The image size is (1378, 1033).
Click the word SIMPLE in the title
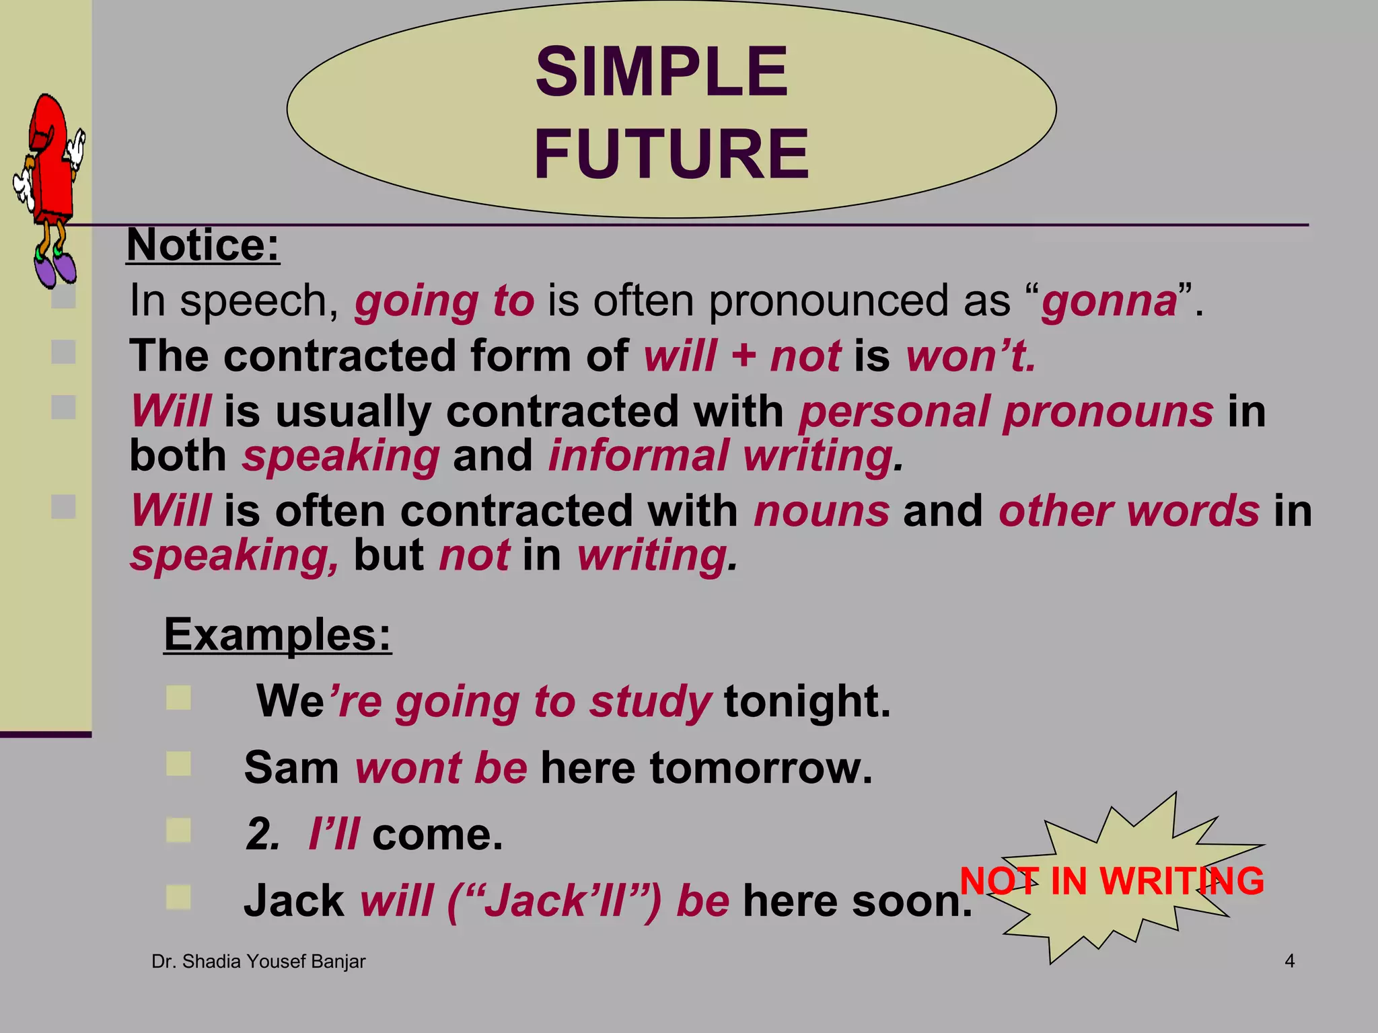(x=661, y=72)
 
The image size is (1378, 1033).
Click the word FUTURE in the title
(x=671, y=154)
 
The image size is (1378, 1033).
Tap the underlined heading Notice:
(x=203, y=245)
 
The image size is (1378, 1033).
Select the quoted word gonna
(x=1110, y=301)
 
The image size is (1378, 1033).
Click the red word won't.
(x=970, y=356)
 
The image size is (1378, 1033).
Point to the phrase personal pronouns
(x=1006, y=412)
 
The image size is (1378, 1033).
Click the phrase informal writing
(x=723, y=456)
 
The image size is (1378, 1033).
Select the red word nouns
(x=822, y=511)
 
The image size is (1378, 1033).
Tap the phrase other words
(x=1129, y=511)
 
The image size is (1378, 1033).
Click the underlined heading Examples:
(x=277, y=634)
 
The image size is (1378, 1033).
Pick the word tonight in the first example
(x=807, y=701)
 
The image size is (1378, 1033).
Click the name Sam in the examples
(x=291, y=768)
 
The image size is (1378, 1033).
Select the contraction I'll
(x=334, y=835)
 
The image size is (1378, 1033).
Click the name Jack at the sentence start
(x=294, y=901)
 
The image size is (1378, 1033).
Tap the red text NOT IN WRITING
(x=1112, y=881)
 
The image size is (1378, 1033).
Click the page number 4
(x=1289, y=961)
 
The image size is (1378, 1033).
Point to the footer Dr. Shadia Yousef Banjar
(x=258, y=962)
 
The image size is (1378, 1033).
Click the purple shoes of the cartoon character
(x=55, y=268)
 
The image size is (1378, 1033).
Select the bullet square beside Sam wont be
(x=178, y=764)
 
